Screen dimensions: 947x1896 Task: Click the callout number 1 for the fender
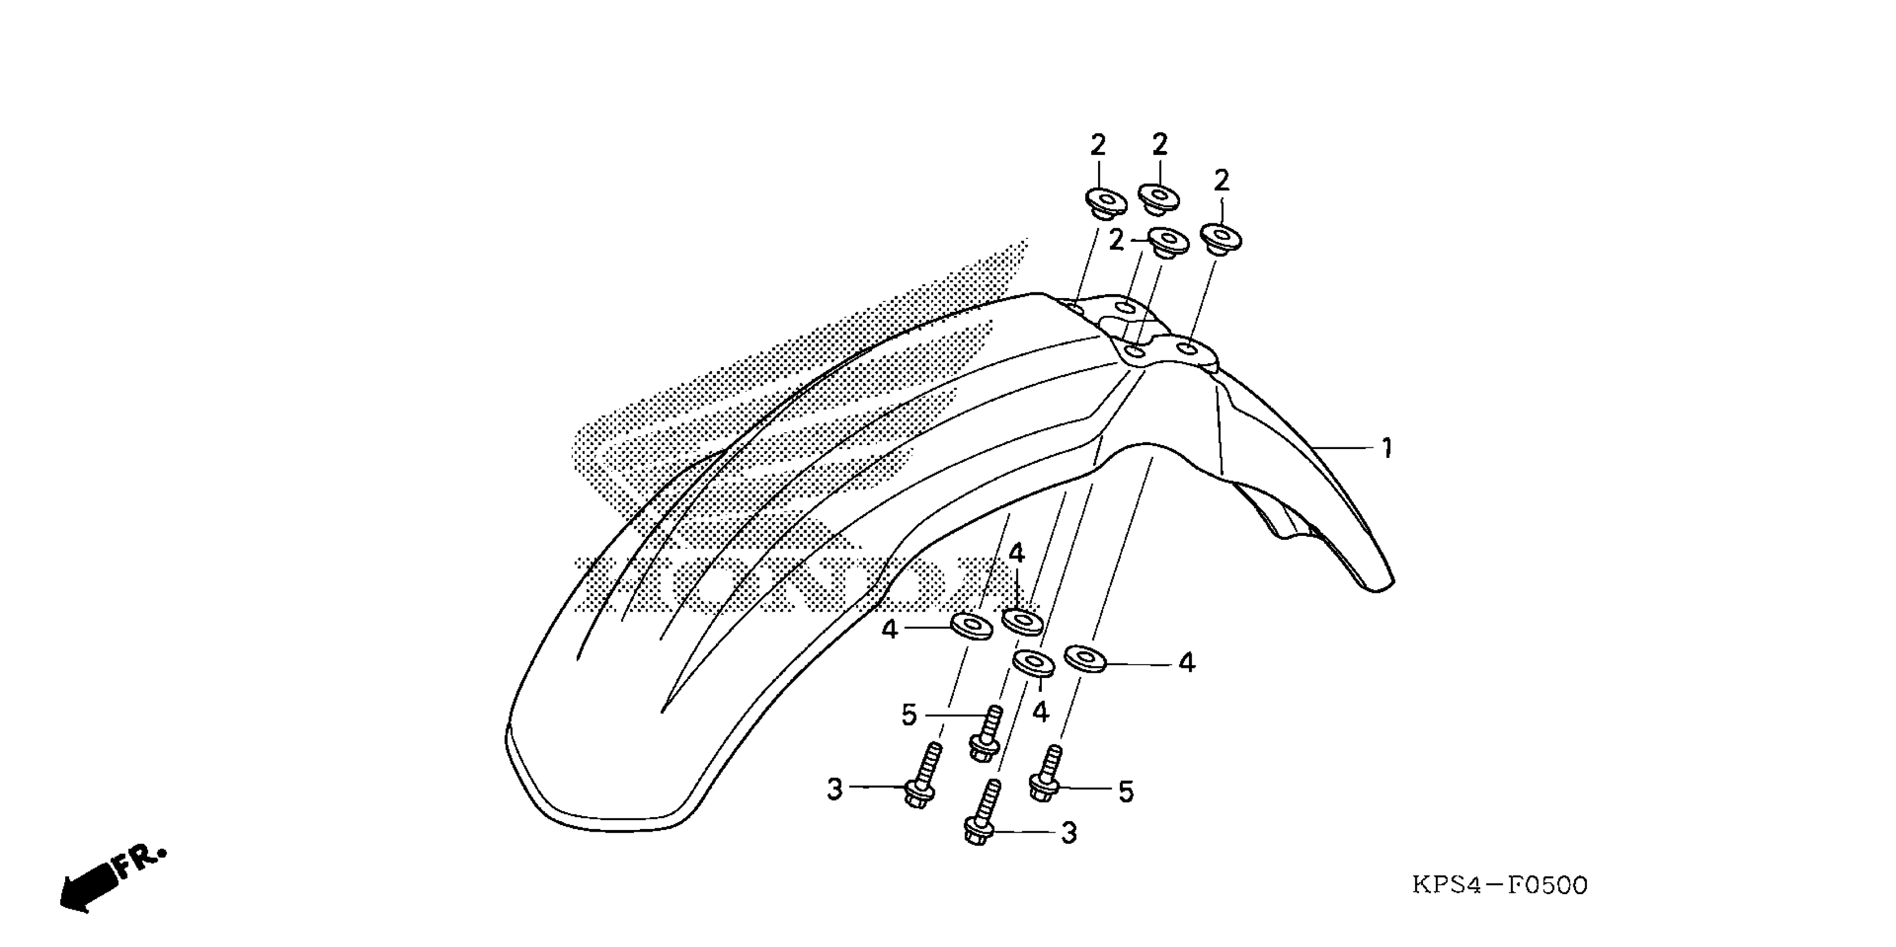coord(1387,448)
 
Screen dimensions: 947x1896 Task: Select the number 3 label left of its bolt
coord(834,789)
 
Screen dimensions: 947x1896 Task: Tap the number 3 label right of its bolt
coord(1069,833)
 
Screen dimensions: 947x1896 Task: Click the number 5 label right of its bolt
coord(1126,792)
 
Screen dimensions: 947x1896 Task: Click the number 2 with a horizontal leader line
coord(1117,240)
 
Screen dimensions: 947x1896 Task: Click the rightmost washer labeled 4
coord(1086,657)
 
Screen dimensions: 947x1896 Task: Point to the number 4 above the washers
coord(1016,553)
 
